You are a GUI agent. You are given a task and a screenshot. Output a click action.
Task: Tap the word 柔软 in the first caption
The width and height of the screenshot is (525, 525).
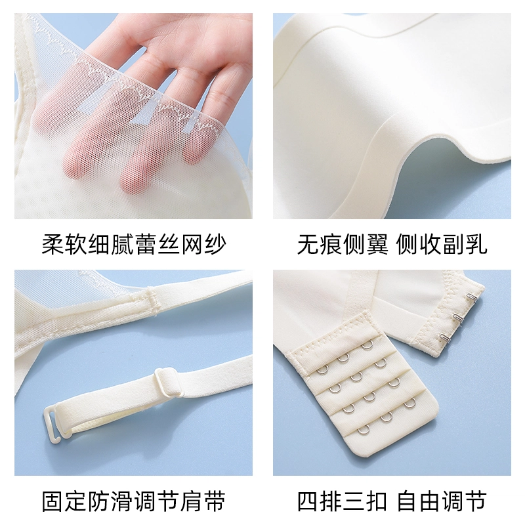(x=64, y=244)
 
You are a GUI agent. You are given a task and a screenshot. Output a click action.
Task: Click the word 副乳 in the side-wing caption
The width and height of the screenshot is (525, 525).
(x=465, y=244)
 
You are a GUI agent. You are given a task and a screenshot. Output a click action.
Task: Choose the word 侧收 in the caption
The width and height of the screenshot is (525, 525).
(x=419, y=244)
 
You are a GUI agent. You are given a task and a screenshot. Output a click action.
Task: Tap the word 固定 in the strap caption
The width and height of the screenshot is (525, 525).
(x=64, y=501)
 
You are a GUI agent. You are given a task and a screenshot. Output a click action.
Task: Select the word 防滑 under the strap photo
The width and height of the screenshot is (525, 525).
(x=110, y=501)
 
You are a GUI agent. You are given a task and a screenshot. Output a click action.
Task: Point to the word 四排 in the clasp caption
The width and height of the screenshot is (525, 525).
(x=320, y=501)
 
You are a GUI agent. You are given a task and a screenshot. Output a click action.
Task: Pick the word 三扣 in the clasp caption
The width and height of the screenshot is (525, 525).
(x=366, y=501)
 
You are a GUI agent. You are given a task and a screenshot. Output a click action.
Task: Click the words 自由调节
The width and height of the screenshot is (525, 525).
(x=442, y=501)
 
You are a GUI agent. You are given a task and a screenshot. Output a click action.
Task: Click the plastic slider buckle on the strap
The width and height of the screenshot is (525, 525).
(x=169, y=381)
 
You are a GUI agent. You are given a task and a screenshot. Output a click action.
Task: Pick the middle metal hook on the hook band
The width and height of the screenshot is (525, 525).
(x=458, y=317)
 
